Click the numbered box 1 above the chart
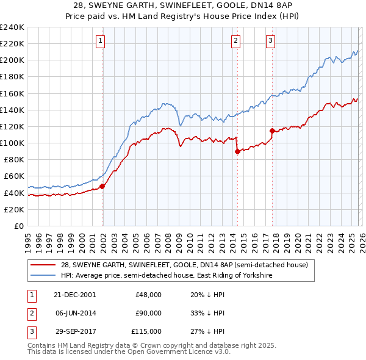point(100,41)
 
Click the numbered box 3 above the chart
point(270,41)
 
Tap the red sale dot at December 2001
point(102,186)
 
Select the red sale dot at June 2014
point(237,151)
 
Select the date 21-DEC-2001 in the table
point(75,295)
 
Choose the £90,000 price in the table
point(148,313)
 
